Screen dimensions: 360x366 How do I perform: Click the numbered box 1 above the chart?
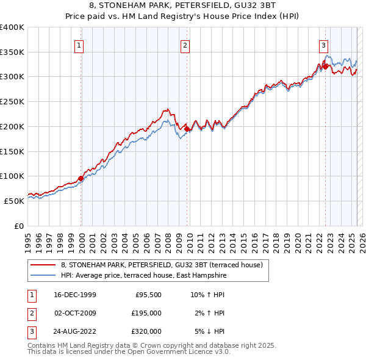[80, 45]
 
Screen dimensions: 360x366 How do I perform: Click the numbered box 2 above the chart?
[185, 45]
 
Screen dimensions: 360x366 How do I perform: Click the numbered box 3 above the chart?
[323, 45]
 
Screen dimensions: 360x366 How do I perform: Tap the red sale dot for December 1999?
[81, 178]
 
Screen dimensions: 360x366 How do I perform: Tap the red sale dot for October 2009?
[187, 129]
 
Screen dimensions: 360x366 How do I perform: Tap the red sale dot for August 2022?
[325, 66]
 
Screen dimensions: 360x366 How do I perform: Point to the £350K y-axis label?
[12, 52]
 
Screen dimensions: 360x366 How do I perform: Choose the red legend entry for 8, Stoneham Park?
[162, 265]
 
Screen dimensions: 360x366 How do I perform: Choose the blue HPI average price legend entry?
[143, 276]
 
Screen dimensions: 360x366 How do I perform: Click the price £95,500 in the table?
[148, 295]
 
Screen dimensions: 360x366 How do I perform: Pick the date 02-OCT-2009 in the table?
[75, 313]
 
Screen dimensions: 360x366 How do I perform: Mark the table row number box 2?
[31, 313]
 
